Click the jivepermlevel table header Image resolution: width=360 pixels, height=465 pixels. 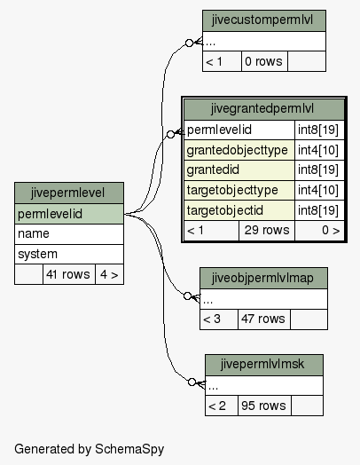coord(69,193)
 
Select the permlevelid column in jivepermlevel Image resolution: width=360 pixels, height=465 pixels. coord(69,214)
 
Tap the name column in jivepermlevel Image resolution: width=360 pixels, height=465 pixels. coord(69,234)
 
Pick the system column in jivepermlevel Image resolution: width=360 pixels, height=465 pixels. coord(69,254)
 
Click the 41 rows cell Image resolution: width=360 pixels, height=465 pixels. coord(69,274)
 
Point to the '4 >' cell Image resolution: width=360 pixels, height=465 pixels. coord(109,274)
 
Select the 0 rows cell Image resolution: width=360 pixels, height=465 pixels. coord(264,61)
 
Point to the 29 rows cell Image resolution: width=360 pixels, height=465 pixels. coord(267,231)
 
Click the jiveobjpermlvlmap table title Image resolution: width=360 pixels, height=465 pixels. coord(263,278)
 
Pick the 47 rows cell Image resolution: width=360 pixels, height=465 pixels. coord(264,319)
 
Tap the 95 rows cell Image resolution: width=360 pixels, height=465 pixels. coord(264,406)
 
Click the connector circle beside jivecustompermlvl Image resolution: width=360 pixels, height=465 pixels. coord(189,43)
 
